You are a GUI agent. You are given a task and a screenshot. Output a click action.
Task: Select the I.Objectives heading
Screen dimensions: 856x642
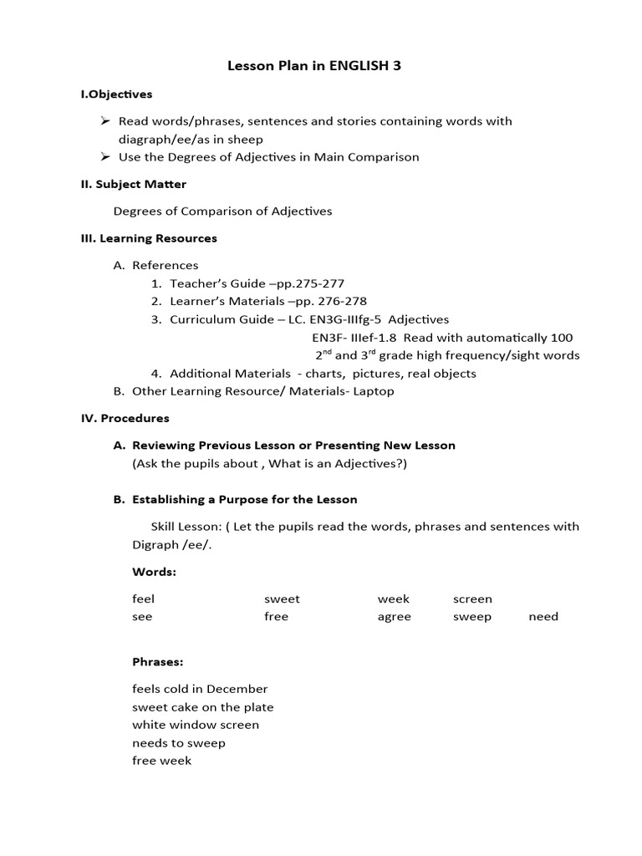tap(116, 94)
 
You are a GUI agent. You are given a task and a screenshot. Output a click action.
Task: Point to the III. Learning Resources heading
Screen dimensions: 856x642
tap(149, 238)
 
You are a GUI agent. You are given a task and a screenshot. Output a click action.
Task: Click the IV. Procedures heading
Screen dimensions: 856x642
tap(125, 418)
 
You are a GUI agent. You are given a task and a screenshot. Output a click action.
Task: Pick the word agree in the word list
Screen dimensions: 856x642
tap(394, 617)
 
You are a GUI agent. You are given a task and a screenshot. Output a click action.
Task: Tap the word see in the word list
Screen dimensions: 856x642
tap(142, 617)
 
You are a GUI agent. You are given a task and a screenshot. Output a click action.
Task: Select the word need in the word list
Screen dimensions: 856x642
tap(543, 617)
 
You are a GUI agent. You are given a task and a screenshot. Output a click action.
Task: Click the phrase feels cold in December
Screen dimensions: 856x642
tap(200, 689)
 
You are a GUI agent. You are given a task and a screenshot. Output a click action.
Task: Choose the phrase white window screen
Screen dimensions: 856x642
tap(196, 725)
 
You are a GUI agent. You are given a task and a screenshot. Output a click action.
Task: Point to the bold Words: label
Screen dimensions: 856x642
tap(154, 572)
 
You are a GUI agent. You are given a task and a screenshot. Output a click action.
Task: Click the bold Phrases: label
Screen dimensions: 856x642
tap(157, 662)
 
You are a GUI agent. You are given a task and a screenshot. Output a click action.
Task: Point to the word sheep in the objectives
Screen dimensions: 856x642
tap(246, 140)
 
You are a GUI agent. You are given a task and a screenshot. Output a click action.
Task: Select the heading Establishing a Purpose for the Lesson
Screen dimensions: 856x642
tap(244, 500)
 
